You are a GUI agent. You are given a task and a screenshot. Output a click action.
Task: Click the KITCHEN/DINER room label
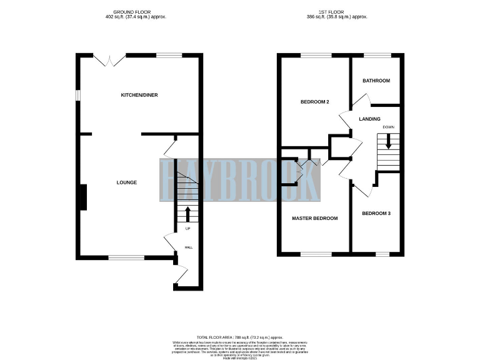[x=139, y=95]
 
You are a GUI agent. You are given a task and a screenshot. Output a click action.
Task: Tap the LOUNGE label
[x=126, y=182]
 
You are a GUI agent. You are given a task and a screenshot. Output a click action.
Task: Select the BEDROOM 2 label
[x=314, y=102]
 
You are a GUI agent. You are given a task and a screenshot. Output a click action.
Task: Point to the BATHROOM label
[x=376, y=81]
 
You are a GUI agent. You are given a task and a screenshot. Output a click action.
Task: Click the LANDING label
[x=369, y=118]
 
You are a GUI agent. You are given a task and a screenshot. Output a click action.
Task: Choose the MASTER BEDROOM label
[x=315, y=218]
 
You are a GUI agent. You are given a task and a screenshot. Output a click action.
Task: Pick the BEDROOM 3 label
[x=376, y=214]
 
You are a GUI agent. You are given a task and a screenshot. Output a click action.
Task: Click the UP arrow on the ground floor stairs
[x=187, y=214]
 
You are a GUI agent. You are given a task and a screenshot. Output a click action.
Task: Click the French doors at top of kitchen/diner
[x=110, y=59]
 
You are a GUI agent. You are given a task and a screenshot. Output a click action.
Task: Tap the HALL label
[x=188, y=247]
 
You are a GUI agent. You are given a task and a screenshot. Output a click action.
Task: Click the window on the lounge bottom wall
[x=126, y=256]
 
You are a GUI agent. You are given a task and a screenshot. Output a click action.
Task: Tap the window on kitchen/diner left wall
[x=78, y=95]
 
